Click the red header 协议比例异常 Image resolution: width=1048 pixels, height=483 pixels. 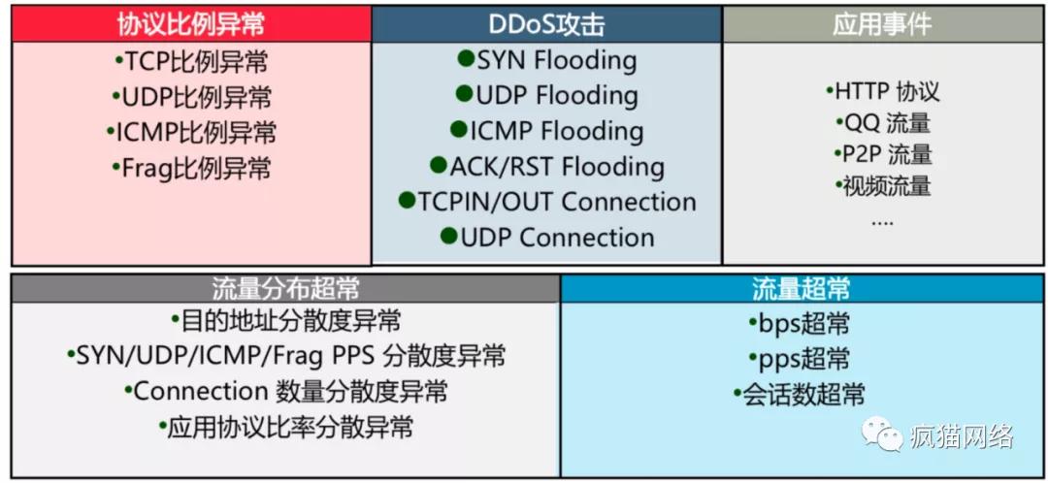coord(190,24)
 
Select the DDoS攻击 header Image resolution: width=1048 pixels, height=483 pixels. coord(546,24)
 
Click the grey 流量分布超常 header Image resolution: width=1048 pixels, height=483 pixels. coord(285,288)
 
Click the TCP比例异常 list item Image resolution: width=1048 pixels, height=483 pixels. coord(191,63)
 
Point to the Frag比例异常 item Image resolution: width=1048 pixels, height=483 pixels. coord(191,168)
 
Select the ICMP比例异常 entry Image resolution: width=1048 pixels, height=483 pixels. coord(191,133)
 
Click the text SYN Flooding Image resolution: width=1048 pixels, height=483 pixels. coord(556,61)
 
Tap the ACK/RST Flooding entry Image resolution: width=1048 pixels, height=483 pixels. coord(556,167)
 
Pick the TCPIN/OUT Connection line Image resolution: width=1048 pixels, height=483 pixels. coord(556,202)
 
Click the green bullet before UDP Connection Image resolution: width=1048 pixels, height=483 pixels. coord(448,236)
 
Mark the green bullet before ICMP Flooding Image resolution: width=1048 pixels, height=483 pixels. coord(458,130)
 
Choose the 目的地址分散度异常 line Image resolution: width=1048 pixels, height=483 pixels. coord(285,320)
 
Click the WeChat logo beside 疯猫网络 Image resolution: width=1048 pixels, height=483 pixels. coord(882,434)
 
